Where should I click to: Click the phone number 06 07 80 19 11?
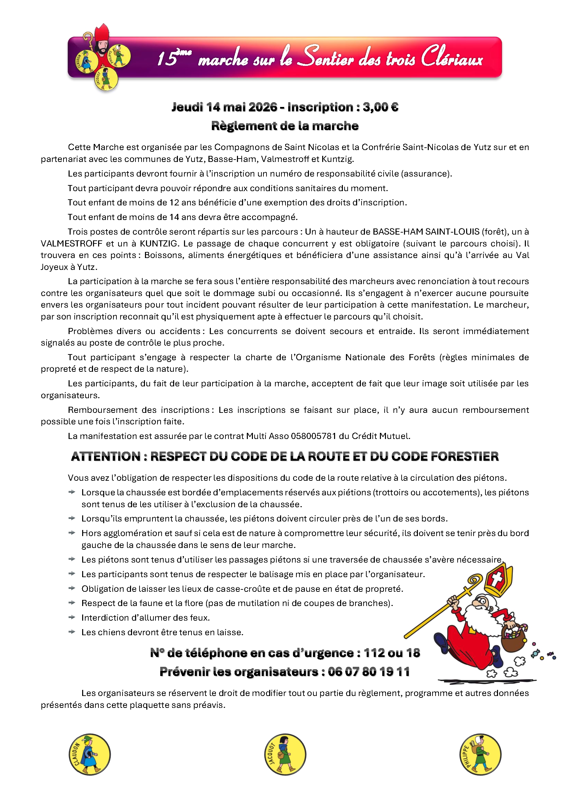(369, 672)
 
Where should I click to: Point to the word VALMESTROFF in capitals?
(72, 244)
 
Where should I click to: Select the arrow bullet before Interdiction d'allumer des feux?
(72, 617)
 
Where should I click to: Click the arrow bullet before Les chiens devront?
(72, 632)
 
